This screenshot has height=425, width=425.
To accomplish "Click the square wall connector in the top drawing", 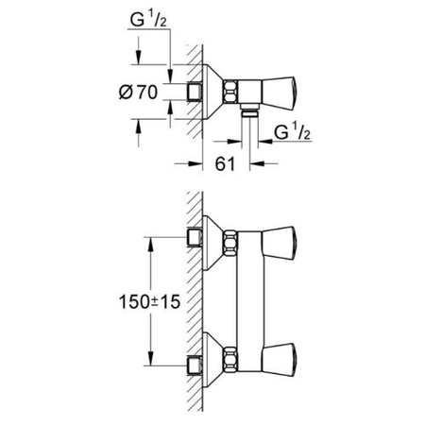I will pyautogui.click(x=196, y=93).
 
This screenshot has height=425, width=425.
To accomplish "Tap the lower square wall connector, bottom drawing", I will pyautogui.click(x=196, y=361).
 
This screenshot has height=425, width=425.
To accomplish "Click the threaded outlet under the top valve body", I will pyautogui.click(x=252, y=115).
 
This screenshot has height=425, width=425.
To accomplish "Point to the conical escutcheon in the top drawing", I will pyautogui.click(x=213, y=93).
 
